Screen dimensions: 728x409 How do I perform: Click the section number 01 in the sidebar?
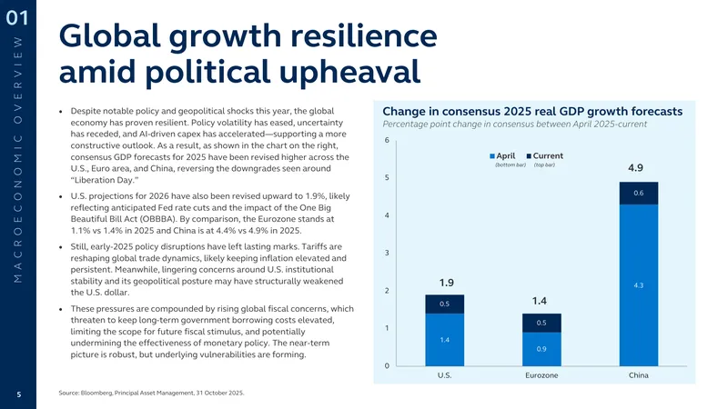tap(17, 18)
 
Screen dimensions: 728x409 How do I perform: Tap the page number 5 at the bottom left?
tap(19, 394)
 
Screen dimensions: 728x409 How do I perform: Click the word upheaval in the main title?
tap(350, 72)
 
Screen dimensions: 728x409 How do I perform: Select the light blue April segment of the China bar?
tap(639, 285)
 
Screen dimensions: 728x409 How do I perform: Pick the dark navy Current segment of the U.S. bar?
tap(444, 304)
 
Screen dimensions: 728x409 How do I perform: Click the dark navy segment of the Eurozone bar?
tap(541, 323)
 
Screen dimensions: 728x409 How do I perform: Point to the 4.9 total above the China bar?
tap(635, 168)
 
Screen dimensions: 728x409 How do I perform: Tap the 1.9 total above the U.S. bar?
tap(446, 283)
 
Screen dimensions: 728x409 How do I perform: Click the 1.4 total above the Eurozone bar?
tap(539, 301)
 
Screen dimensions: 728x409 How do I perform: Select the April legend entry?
tap(502, 155)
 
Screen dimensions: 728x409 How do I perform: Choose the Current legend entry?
tap(544, 155)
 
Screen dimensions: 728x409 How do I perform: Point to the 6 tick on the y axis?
tap(387, 140)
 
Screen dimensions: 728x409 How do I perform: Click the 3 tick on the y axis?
tap(387, 253)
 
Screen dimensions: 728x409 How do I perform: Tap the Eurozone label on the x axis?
tap(541, 375)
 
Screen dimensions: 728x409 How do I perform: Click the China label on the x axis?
tap(639, 375)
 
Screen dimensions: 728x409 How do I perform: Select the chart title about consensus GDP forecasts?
tap(532, 111)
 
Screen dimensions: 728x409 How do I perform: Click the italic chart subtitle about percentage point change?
tap(514, 125)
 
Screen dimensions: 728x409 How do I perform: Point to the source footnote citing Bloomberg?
tap(151, 393)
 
